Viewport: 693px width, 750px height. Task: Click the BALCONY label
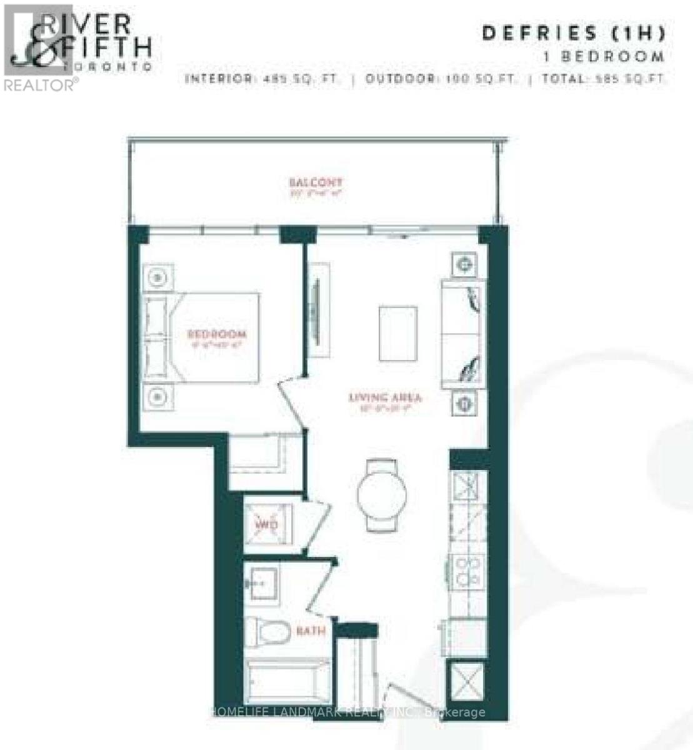tap(316, 182)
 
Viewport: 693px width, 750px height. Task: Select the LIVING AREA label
tap(385, 397)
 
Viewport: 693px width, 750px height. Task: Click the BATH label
tap(311, 631)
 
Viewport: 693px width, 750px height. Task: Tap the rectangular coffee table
tap(398, 333)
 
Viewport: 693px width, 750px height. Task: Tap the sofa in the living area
tap(463, 334)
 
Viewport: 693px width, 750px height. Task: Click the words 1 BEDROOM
tap(604, 56)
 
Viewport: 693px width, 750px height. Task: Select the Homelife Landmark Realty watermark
tap(347, 712)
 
